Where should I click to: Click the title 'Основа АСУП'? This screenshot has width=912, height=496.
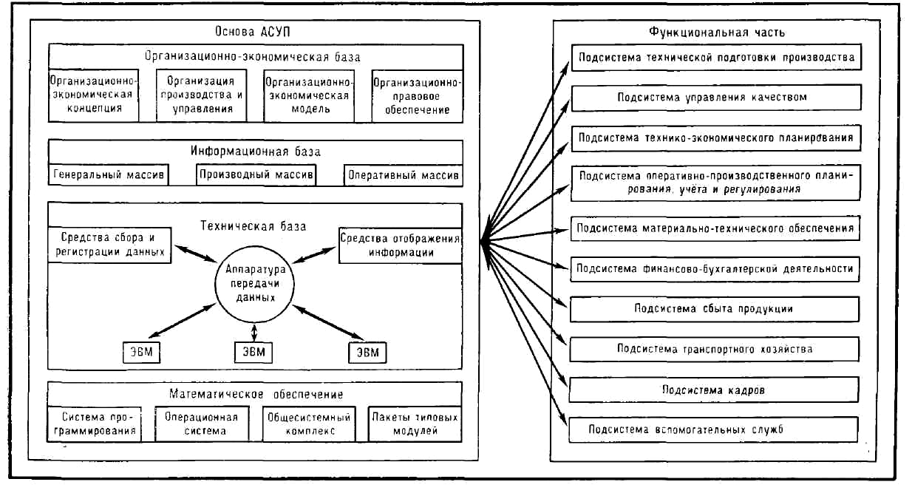tap(253, 32)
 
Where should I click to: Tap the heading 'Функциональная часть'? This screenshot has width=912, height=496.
tap(717, 33)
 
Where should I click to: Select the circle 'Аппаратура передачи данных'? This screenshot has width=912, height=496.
tap(255, 284)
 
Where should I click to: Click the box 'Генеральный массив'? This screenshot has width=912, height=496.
tap(109, 175)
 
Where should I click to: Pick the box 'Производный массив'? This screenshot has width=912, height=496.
tap(256, 175)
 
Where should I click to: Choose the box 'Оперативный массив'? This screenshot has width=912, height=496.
tap(404, 175)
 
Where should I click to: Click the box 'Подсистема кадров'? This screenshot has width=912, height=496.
tap(714, 390)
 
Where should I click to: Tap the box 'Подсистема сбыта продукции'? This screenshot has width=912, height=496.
tap(715, 309)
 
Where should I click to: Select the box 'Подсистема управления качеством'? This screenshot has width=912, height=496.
tap(716, 98)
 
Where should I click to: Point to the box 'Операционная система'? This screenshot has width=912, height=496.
tap(202, 424)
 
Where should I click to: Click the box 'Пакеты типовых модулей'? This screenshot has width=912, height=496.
tap(415, 424)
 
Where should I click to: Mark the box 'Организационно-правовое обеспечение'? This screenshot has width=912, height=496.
tap(418, 96)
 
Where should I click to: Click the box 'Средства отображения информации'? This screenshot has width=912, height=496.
tap(401, 245)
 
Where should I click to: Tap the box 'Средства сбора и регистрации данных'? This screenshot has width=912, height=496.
tap(109, 245)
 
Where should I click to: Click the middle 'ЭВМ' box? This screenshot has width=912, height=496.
tap(253, 353)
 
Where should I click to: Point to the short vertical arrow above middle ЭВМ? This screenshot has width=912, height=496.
tap(254, 333)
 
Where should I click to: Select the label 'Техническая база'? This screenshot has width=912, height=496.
tap(253, 226)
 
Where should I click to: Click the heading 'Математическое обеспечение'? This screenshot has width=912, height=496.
tap(256, 394)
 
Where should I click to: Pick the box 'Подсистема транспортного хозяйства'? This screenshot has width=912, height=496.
tap(715, 349)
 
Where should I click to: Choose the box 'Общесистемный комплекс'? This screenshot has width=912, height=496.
tap(309, 424)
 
